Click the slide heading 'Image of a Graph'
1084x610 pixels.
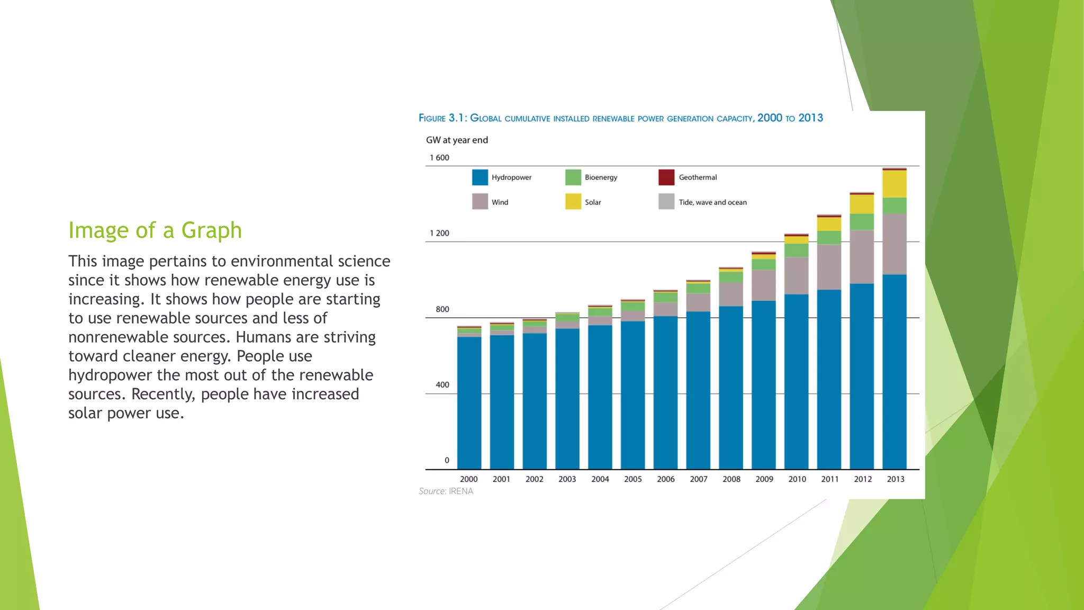155,231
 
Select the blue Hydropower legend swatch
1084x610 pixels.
480,177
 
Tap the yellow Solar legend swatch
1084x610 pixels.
573,202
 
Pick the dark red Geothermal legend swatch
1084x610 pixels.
666,177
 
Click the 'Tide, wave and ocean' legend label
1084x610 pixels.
712,202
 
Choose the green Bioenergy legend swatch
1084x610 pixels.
573,177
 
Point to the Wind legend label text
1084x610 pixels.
500,202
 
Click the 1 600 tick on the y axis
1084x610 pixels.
439,158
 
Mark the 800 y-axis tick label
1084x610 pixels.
442,309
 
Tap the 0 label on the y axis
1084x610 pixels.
447,461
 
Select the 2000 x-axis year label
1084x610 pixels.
468,479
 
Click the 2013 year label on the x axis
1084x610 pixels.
896,479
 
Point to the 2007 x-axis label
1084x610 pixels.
699,479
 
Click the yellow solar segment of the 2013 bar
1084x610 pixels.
895,184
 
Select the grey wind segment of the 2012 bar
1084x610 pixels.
862,257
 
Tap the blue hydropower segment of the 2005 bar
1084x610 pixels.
633,394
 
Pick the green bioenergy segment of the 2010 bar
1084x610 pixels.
796,250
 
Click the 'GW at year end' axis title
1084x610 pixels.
457,140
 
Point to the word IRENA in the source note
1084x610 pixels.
461,491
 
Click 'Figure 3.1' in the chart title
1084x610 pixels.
442,118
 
